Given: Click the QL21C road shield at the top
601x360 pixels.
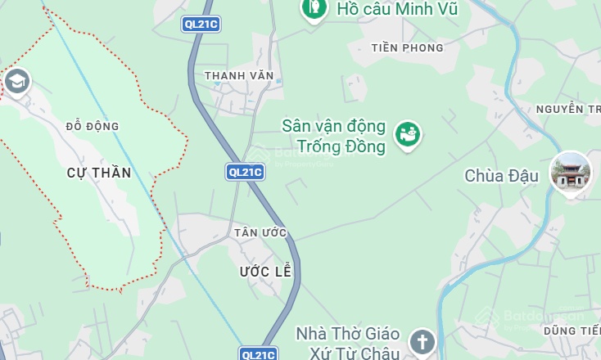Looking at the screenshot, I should point(201,25).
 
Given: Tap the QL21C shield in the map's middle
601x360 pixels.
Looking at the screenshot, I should point(245,172).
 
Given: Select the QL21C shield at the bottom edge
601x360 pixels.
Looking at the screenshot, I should point(258,353).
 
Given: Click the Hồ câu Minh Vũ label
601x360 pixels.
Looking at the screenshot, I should point(396,10).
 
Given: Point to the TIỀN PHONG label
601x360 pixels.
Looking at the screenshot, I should point(407,47).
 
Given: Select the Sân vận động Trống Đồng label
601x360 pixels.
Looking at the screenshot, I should point(333,137).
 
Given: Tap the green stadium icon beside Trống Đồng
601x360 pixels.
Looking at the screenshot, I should point(408,133).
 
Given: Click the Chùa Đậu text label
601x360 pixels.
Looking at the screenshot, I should point(502,176).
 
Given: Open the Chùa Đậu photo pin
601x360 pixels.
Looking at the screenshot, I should point(570,173).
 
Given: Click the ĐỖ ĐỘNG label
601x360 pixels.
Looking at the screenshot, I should point(93,126).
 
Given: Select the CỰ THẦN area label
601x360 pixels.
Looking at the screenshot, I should point(99,173).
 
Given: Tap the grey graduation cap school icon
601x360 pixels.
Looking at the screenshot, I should point(16,81).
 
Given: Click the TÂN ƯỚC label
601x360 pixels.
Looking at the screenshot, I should point(260,233).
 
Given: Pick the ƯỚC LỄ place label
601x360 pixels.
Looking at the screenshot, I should point(265,271).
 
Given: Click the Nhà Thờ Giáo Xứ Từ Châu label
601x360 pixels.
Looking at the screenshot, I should point(348,344).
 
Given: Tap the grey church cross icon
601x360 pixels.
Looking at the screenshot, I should point(423,340).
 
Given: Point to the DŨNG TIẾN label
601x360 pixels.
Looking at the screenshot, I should point(571,330).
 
